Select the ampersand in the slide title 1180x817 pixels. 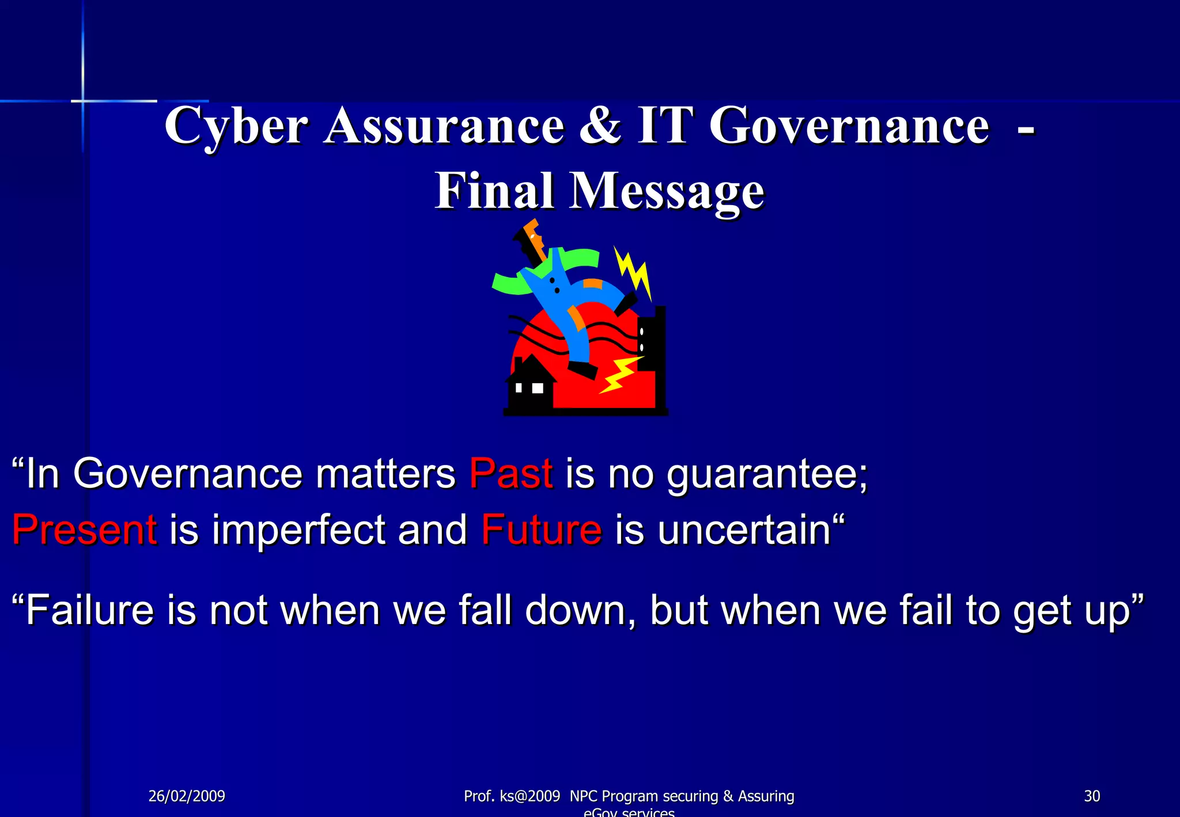[600, 125]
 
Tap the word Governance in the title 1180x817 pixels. [849, 126]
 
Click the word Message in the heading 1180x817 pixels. [667, 192]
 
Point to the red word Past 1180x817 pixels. [511, 474]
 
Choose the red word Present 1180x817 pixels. [85, 529]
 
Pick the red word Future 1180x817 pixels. [542, 529]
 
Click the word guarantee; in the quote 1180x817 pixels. [767, 475]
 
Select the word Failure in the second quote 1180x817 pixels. [90, 610]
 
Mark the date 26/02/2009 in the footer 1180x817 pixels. [187, 796]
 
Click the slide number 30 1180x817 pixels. [1092, 796]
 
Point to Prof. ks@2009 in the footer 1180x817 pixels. [512, 796]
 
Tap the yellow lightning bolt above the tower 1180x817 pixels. [634, 271]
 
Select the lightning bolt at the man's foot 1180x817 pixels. [620, 375]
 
